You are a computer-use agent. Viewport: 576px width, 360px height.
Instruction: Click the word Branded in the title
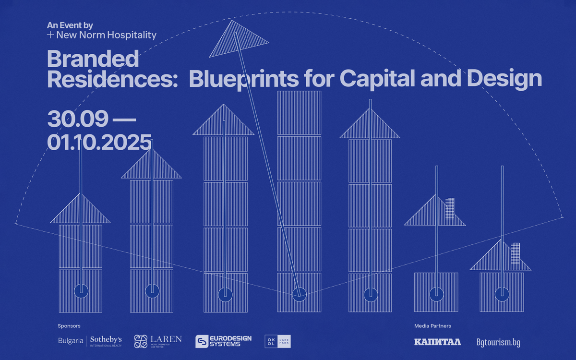pyautogui.click(x=93, y=59)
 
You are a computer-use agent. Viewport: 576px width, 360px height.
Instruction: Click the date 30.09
pyautogui.click(x=77, y=119)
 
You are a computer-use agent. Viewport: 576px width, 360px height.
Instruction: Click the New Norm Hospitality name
pyautogui.click(x=106, y=35)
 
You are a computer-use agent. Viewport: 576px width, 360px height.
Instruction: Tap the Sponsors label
pyautogui.click(x=69, y=326)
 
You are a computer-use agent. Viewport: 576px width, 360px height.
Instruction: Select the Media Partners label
pyautogui.click(x=432, y=326)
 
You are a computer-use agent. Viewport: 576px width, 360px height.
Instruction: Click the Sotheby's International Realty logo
pyautogui.click(x=90, y=341)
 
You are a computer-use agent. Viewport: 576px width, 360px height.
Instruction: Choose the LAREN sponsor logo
pyautogui.click(x=158, y=341)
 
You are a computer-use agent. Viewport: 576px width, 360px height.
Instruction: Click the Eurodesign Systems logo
pyautogui.click(x=223, y=341)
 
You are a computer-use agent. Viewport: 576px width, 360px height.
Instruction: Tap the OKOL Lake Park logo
pyautogui.click(x=278, y=341)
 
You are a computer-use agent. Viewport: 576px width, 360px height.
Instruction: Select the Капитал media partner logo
pyautogui.click(x=437, y=342)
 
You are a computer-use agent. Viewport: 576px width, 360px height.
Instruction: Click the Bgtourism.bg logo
pyautogui.click(x=498, y=342)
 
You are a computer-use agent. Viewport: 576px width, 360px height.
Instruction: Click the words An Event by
pyautogui.click(x=70, y=25)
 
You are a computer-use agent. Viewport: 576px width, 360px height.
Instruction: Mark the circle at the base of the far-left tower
pyautogui.click(x=81, y=291)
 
